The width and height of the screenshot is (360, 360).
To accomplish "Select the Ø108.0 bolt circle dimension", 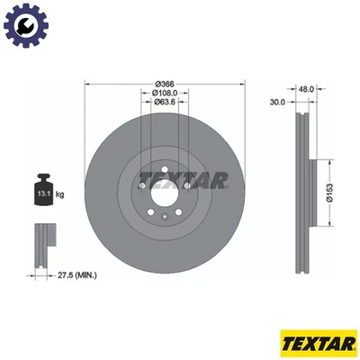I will [164, 92].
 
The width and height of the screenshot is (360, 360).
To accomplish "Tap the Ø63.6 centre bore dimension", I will [164, 102].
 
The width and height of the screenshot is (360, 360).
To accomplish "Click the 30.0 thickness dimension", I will [277, 103].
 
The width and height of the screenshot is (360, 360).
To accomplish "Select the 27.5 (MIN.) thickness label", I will [79, 274].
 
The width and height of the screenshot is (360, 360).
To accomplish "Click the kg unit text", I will [60, 193].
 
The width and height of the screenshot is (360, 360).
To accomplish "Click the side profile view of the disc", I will [304, 184].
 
